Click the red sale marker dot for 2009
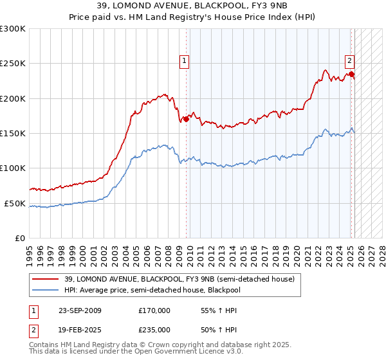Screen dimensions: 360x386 (187, 119)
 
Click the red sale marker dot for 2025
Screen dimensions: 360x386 (352, 74)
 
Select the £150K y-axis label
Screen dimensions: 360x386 (13, 133)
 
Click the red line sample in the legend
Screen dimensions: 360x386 (46, 279)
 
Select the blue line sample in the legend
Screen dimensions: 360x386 (46, 289)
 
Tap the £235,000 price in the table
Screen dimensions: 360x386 (154, 329)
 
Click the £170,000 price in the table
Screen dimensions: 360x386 (154, 310)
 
